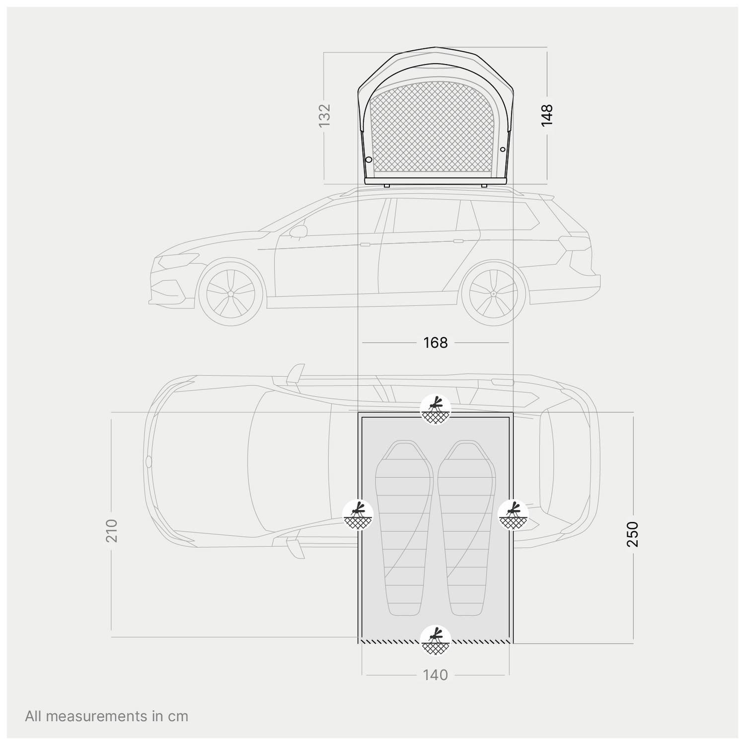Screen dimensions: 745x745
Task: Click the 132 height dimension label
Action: click(324, 115)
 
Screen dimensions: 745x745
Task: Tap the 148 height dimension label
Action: click(547, 115)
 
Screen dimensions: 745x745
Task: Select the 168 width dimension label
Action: click(436, 343)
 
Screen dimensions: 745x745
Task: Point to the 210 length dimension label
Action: click(112, 530)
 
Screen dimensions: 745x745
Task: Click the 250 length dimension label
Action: click(632, 534)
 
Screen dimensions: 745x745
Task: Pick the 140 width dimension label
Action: click(436, 675)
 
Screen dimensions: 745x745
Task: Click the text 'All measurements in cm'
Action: click(107, 716)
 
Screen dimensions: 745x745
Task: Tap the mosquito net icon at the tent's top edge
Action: click(436, 410)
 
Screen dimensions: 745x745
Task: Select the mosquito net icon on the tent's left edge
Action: click(358, 515)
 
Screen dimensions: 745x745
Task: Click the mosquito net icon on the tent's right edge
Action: click(514, 515)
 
